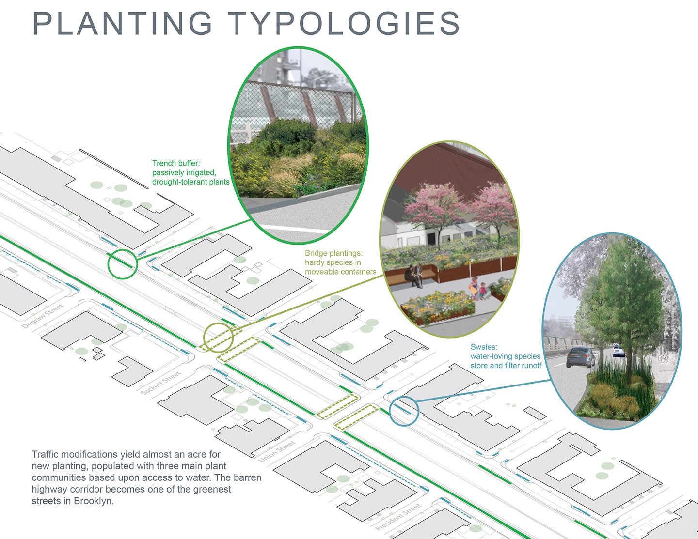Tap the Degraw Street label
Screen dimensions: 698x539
[43, 316]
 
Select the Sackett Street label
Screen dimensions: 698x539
[161, 383]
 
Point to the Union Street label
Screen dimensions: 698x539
[276, 451]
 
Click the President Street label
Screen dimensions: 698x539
[398, 517]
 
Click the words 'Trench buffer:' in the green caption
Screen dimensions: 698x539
[176, 163]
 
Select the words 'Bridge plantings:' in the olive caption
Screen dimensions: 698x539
[334, 253]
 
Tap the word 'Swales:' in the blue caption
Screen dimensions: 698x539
[484, 347]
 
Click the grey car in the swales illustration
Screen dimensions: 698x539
[581, 357]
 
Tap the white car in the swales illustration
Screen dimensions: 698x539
[619, 351]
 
